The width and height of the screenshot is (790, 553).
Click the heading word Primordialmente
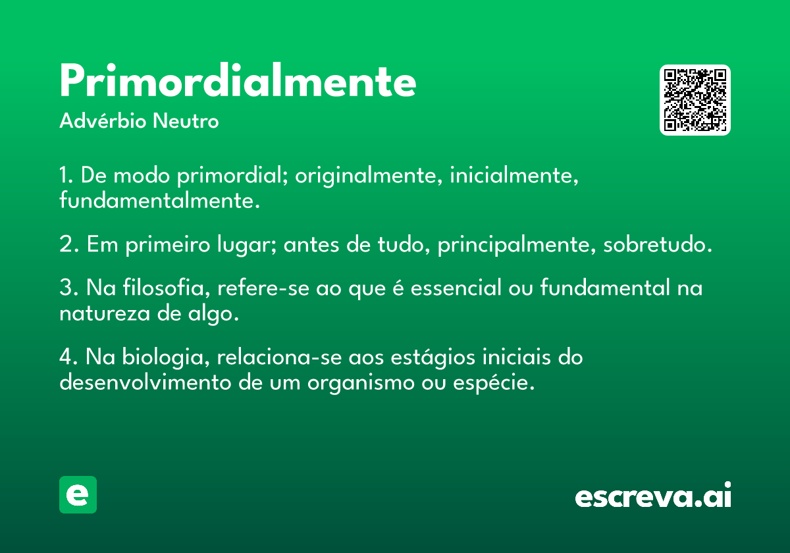point(238,80)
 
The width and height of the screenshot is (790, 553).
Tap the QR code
point(695,100)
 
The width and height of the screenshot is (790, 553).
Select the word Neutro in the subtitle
point(186,121)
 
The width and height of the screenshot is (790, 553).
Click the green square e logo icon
point(78,494)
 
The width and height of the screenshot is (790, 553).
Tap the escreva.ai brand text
point(653,494)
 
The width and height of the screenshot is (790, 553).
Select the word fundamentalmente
point(159,200)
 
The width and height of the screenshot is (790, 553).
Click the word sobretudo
point(658,244)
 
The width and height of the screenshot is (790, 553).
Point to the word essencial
point(456,287)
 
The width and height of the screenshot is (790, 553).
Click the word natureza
point(105,313)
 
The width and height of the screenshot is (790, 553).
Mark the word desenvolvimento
point(145,382)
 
